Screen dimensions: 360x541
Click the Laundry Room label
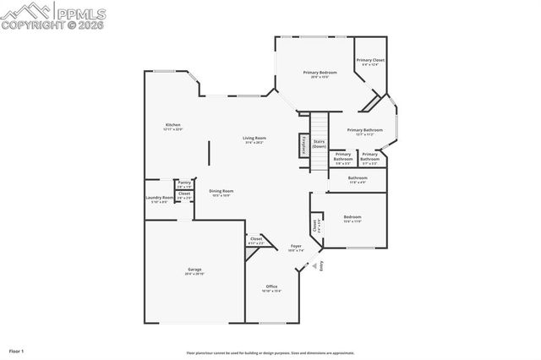pos(160,199)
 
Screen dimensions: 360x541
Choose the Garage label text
pos(194,271)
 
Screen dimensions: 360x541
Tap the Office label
pos(271,287)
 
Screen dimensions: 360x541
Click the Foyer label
pos(295,248)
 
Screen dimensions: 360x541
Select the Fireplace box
pos(302,145)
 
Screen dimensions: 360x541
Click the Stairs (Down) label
pos(319,145)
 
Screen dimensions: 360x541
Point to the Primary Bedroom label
pos(320,74)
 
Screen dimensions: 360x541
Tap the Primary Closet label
pos(369,62)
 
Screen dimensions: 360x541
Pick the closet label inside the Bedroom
pos(316,226)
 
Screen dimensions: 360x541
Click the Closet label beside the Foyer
pos(255,241)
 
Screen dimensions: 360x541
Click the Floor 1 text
pos(17,350)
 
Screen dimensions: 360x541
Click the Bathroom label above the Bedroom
pos(358,179)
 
